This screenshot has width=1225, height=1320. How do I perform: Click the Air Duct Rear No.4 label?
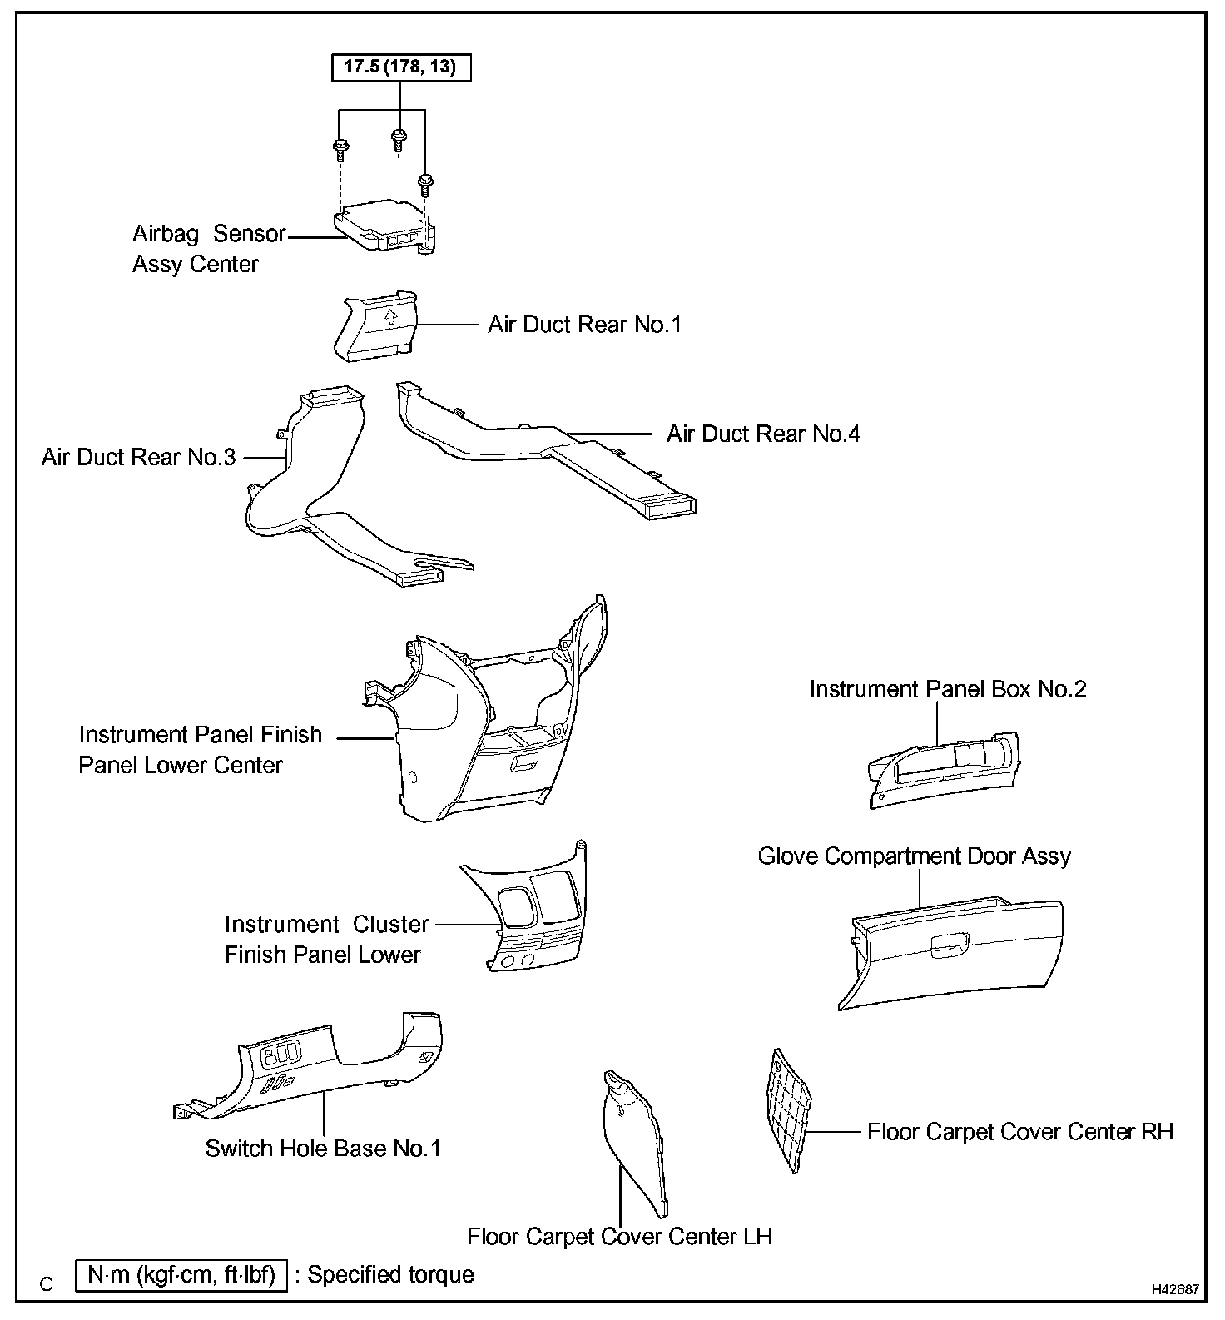pos(763,434)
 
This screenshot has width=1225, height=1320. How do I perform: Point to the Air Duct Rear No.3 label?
pos(139,457)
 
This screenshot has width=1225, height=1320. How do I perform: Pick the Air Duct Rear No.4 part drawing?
pos(549,449)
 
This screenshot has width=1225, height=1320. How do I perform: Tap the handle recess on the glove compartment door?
pos(948,944)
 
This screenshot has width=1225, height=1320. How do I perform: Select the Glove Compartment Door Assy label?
pos(914,856)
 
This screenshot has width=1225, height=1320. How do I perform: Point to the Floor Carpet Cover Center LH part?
pos(634,1140)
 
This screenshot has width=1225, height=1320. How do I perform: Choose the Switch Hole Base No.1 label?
pos(323,1149)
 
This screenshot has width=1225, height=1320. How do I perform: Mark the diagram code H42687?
pos(1175,1289)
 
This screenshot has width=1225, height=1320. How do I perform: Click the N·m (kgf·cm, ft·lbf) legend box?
pos(181,1275)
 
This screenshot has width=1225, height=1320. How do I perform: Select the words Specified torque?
pos(391,1275)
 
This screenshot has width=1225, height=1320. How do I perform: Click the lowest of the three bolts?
pos(425,181)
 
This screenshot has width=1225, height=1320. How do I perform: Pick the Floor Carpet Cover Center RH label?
pos(1019,1132)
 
